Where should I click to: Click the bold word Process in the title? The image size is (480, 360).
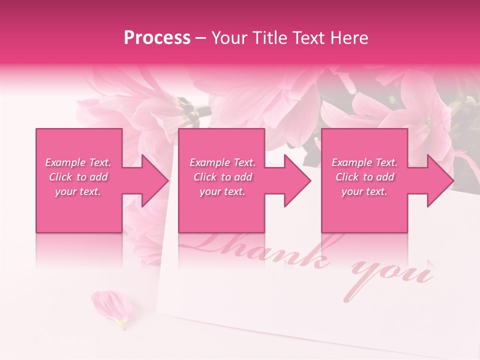tap(157, 38)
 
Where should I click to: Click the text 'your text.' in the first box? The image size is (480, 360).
tap(78, 191)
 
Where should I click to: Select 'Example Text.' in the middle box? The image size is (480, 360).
tap(222, 162)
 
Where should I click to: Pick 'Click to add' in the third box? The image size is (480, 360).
tap(364, 177)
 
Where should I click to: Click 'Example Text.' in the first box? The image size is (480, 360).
tap(78, 162)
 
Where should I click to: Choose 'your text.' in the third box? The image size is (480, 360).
tap(364, 191)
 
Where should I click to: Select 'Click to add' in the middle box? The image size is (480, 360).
tap(222, 177)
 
